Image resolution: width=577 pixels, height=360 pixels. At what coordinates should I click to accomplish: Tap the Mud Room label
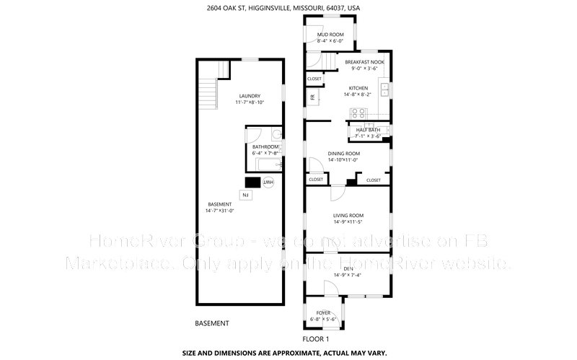tap(330, 35)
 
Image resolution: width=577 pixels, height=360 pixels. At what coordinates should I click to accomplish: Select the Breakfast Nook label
tap(364, 63)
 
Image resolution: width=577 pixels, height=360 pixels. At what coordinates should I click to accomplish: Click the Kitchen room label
tap(358, 88)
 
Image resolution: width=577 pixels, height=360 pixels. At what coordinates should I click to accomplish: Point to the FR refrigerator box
tap(313, 97)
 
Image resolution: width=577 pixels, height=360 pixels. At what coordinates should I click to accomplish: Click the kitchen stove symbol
tap(357, 112)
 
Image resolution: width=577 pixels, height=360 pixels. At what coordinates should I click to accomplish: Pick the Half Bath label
tap(368, 130)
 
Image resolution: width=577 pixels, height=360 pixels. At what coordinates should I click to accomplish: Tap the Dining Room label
tap(344, 153)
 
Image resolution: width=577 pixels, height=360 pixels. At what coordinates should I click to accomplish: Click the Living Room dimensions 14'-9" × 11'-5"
tap(348, 222)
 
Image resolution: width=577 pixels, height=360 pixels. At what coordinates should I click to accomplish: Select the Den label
tap(348, 268)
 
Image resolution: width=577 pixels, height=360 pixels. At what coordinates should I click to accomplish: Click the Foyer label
tap(323, 312)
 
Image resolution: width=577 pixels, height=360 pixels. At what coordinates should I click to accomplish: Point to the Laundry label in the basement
tap(250, 96)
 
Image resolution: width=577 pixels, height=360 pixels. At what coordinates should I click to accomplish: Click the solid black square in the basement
tap(252, 183)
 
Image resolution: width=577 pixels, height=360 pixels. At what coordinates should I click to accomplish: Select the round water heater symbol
tap(268, 183)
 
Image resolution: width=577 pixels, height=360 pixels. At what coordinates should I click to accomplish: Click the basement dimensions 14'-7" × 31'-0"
tap(221, 211)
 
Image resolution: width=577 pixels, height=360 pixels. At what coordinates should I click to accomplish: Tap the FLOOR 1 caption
tap(314, 339)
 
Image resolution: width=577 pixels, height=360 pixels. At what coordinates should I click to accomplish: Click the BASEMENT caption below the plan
tap(213, 322)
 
